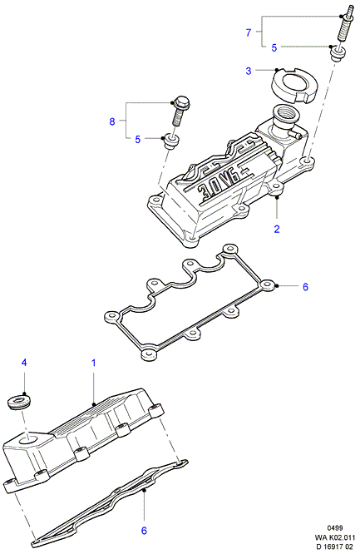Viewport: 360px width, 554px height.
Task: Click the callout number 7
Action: point(249,32)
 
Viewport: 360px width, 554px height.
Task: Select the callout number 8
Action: point(112,121)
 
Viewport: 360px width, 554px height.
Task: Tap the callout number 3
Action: point(249,71)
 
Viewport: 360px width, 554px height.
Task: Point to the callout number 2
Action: point(277,229)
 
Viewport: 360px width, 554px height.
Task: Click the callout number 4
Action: point(23,362)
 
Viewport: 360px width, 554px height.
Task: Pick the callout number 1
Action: point(94,363)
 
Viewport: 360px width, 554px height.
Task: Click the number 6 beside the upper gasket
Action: point(305,286)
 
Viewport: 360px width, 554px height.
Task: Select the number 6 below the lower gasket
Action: point(144,531)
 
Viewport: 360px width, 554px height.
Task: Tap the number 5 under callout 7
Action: point(274,48)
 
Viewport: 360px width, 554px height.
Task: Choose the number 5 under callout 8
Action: point(137,140)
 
